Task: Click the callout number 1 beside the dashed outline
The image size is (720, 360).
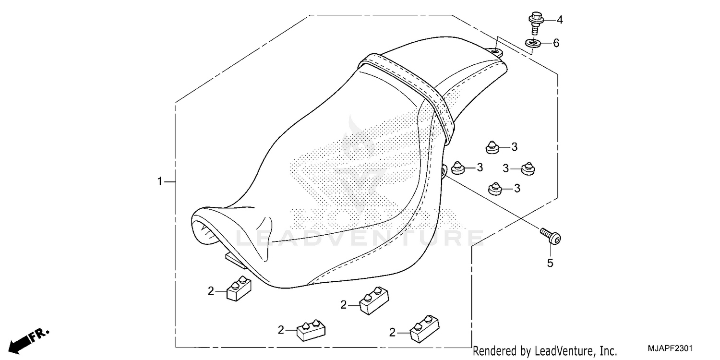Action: click(161, 181)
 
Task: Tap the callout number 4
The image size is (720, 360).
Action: click(559, 20)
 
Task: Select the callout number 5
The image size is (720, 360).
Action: click(551, 263)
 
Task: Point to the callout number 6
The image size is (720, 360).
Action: click(556, 43)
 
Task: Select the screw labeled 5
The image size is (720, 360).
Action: click(551, 236)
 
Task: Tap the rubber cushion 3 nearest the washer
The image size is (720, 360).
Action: click(492, 147)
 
